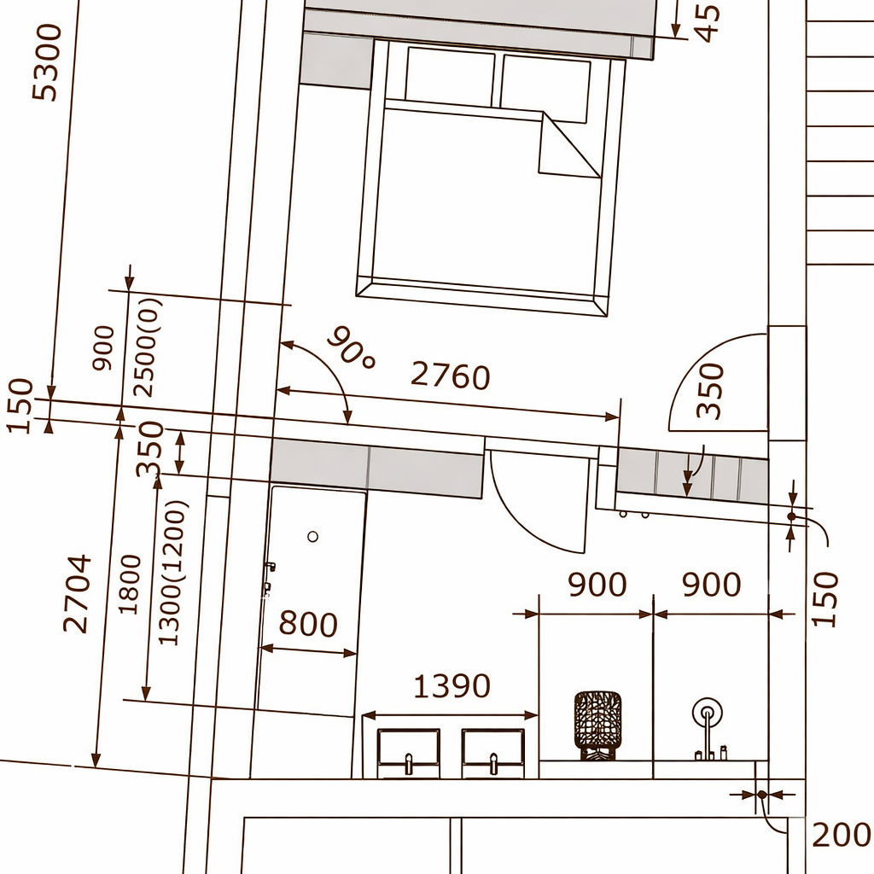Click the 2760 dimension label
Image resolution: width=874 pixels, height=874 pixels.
tap(451, 376)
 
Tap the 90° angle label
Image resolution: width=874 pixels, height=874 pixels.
tap(351, 347)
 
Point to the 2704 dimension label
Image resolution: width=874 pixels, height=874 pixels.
tap(77, 593)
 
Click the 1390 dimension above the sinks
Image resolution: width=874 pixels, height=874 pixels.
tap(452, 685)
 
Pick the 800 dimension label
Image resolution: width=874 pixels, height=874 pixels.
tap(307, 623)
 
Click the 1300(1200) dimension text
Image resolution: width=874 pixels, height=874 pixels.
tap(170, 574)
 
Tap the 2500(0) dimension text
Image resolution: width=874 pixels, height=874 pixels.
tap(148, 347)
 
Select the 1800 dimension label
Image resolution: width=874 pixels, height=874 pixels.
tap(130, 584)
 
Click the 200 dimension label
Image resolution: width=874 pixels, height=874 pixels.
tap(842, 835)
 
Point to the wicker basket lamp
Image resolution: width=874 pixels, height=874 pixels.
tap(597, 725)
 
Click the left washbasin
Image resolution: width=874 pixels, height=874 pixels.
tap(409, 753)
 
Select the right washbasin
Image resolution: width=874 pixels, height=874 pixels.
tap(492, 753)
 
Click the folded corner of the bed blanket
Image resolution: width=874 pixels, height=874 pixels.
tap(568, 146)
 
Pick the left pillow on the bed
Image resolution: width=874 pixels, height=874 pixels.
tap(450, 76)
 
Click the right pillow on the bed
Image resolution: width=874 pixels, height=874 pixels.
tap(545, 89)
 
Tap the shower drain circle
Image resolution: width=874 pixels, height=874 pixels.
tap(312, 536)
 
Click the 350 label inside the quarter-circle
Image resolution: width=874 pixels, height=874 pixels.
tap(710, 390)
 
